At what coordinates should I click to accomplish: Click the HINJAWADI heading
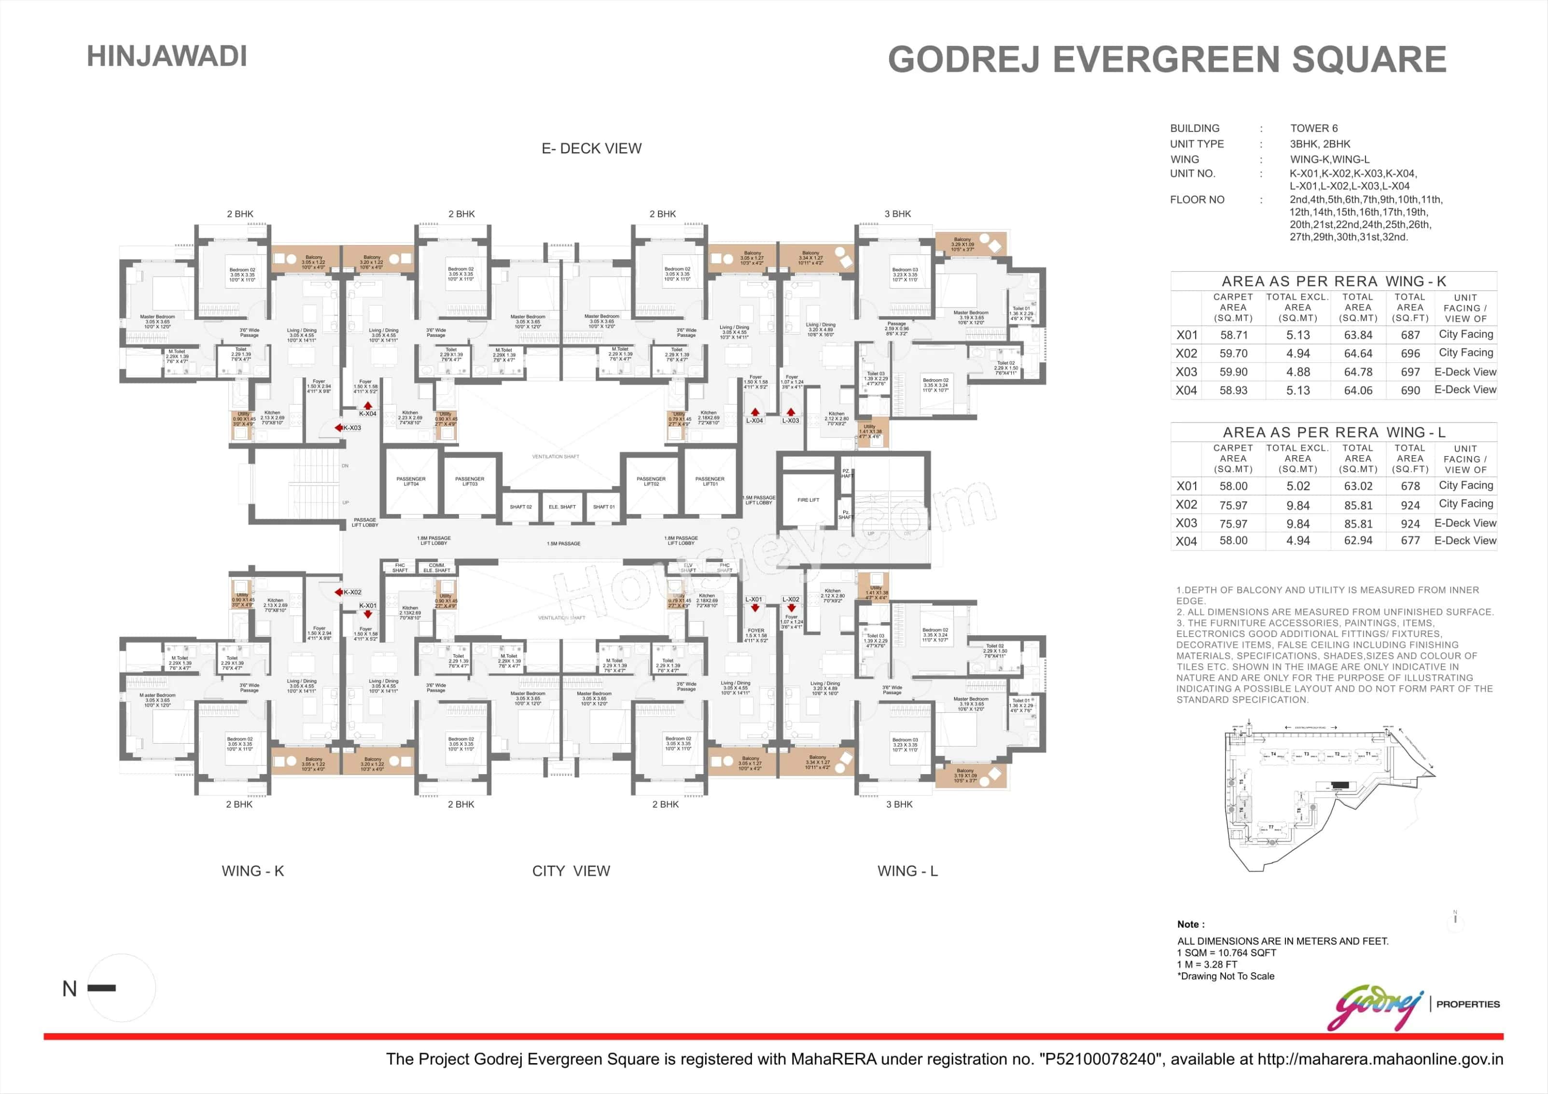point(167,56)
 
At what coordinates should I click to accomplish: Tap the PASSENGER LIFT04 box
point(411,481)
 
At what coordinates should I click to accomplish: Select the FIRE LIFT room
point(808,500)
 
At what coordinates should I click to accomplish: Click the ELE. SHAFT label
point(562,507)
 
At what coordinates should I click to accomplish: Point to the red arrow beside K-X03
point(338,428)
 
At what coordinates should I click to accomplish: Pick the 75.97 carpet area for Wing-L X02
point(1233,505)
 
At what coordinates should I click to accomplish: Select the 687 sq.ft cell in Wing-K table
point(1410,335)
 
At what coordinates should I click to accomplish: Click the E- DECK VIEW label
point(591,148)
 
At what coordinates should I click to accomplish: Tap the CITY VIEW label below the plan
point(571,871)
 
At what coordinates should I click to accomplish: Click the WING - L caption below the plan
point(907,871)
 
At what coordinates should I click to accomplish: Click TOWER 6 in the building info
point(1313,128)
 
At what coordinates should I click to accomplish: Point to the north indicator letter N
point(70,989)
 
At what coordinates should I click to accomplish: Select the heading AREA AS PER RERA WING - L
point(1334,432)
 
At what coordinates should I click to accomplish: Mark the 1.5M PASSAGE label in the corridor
point(564,543)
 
